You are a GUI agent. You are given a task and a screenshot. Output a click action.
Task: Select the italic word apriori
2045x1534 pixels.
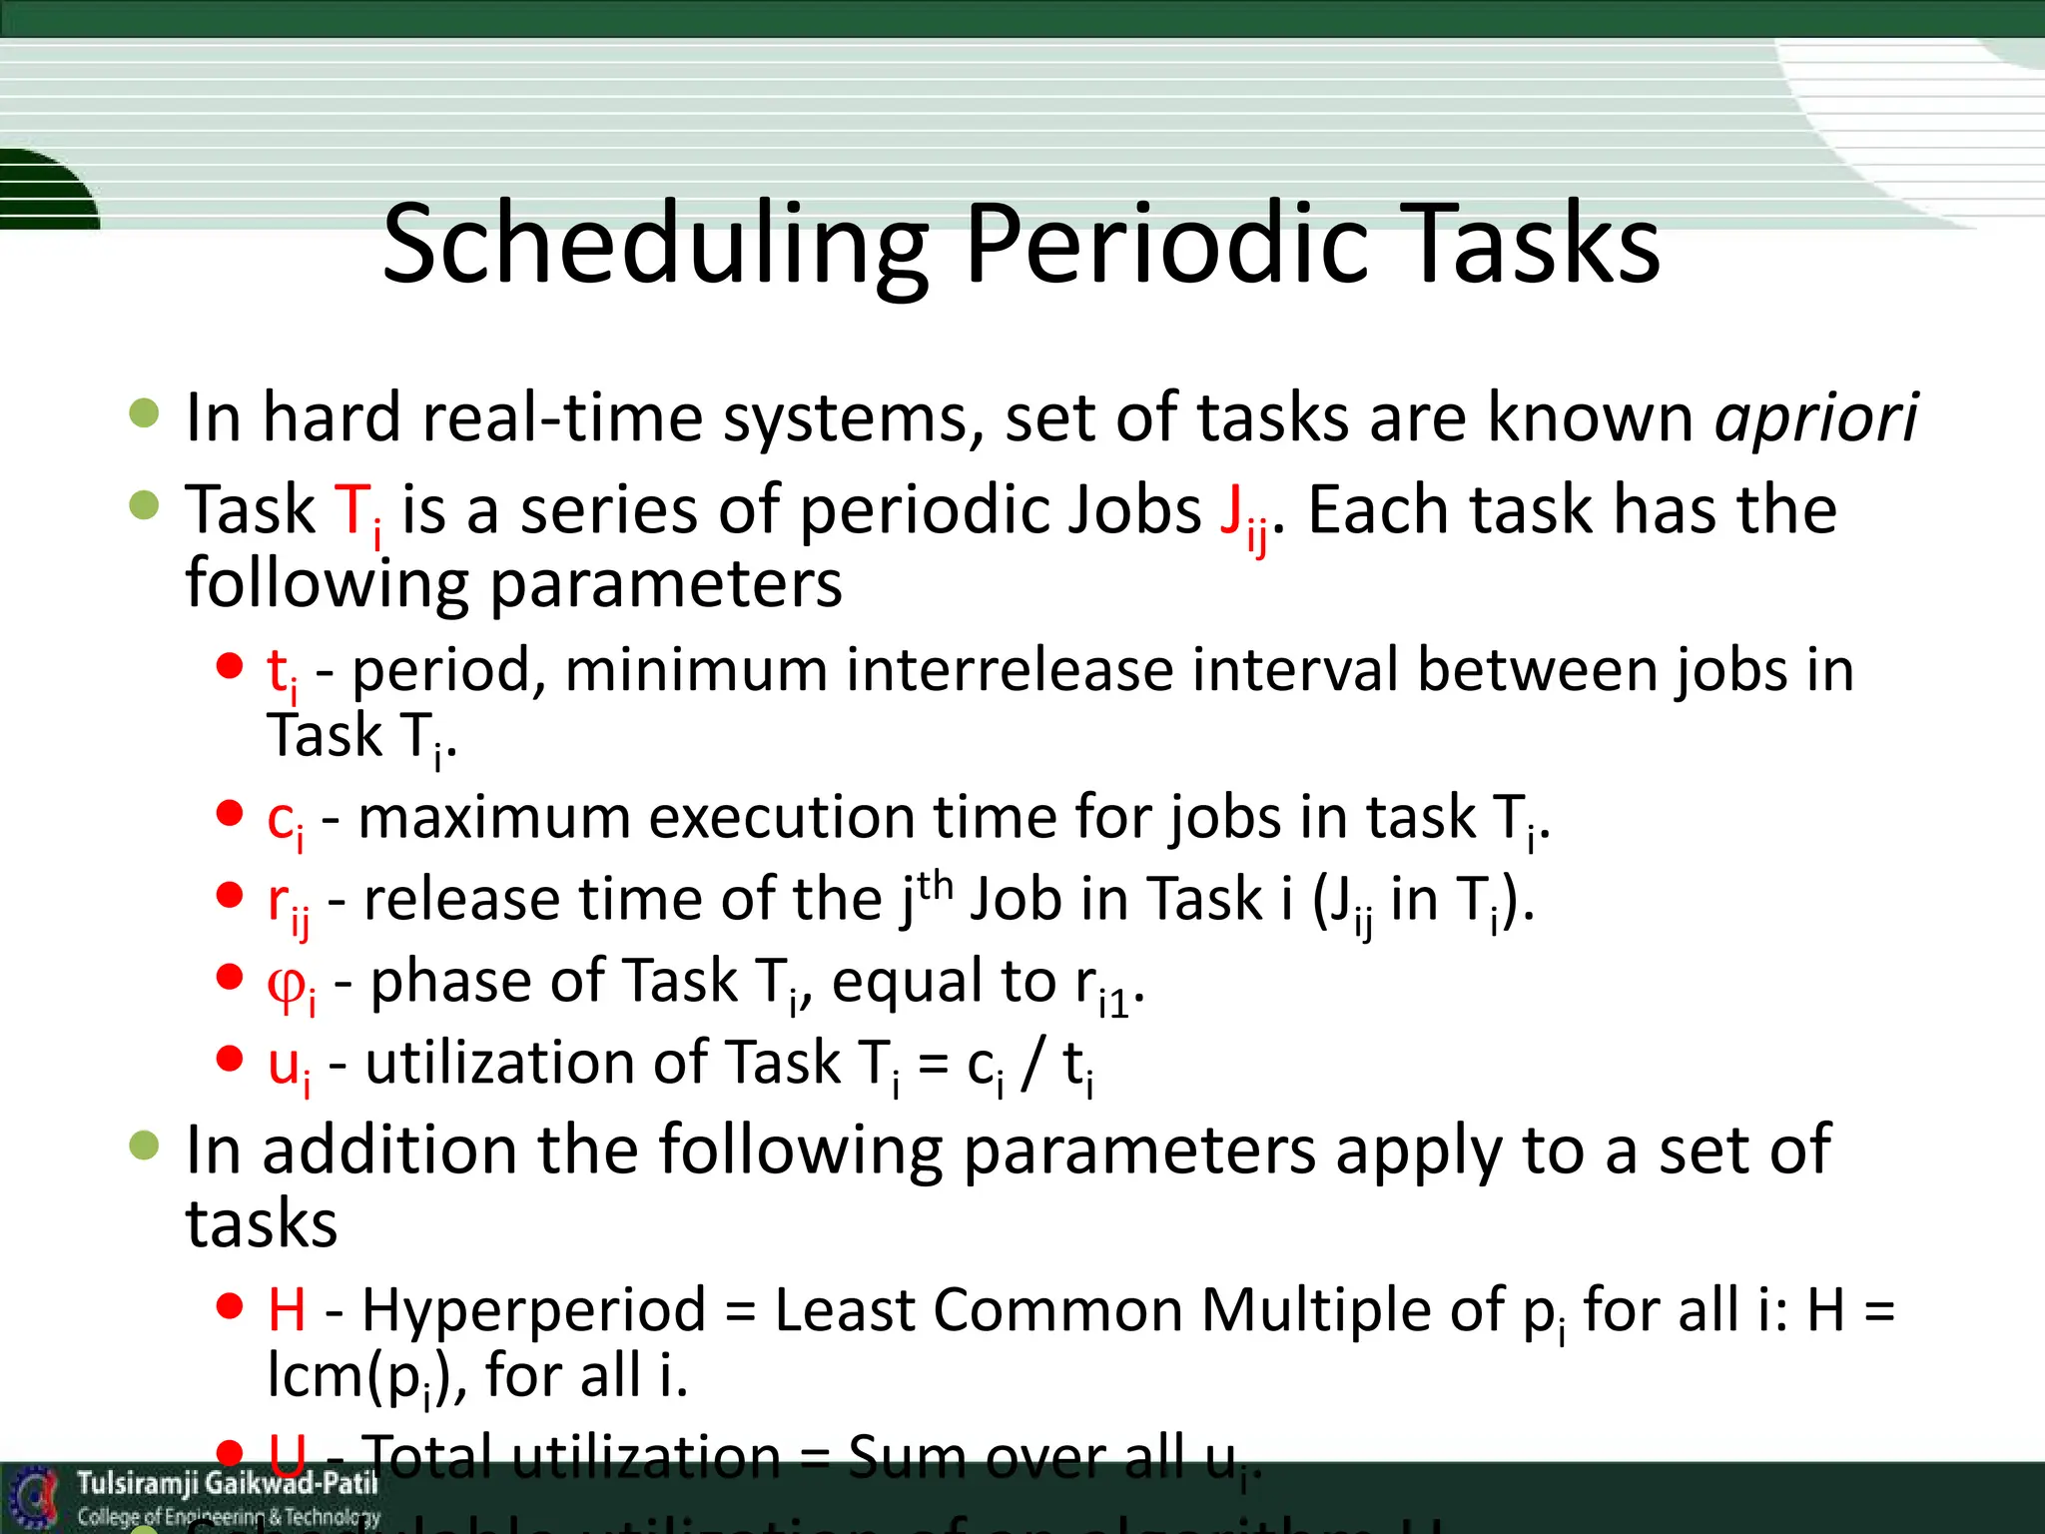[1815, 417]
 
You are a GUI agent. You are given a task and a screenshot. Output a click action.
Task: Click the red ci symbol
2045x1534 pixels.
[285, 821]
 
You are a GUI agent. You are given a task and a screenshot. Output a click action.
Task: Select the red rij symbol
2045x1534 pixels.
[288, 903]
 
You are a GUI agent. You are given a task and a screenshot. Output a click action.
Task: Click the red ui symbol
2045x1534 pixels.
[289, 1067]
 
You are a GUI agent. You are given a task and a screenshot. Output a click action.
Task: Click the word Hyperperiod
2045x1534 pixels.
[534, 1310]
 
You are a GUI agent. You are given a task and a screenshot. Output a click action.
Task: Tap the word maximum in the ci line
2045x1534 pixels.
[494, 817]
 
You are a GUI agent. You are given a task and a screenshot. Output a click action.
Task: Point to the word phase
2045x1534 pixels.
[449, 981]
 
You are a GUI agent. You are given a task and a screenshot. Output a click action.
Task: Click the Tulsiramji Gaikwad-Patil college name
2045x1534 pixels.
[227, 1484]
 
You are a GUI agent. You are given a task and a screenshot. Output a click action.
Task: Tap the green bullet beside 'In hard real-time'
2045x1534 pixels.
[145, 412]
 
